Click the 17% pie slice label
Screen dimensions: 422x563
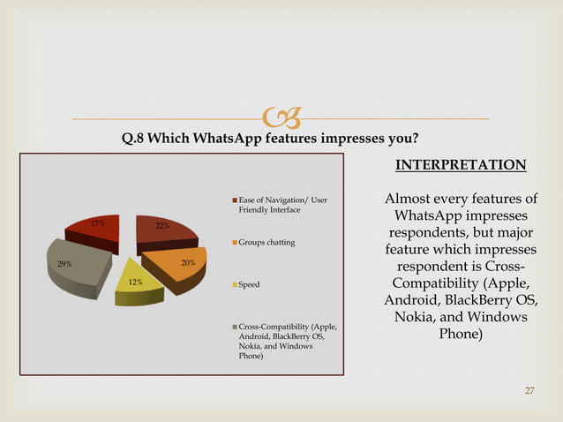[98, 223]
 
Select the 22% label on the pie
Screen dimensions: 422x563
[162, 226]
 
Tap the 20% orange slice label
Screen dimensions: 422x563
[187, 263]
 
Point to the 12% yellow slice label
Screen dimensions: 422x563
[135, 283]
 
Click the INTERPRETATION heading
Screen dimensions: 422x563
[460, 165]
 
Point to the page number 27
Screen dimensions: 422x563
[529, 390]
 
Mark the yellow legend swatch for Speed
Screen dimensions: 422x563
[235, 285]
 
